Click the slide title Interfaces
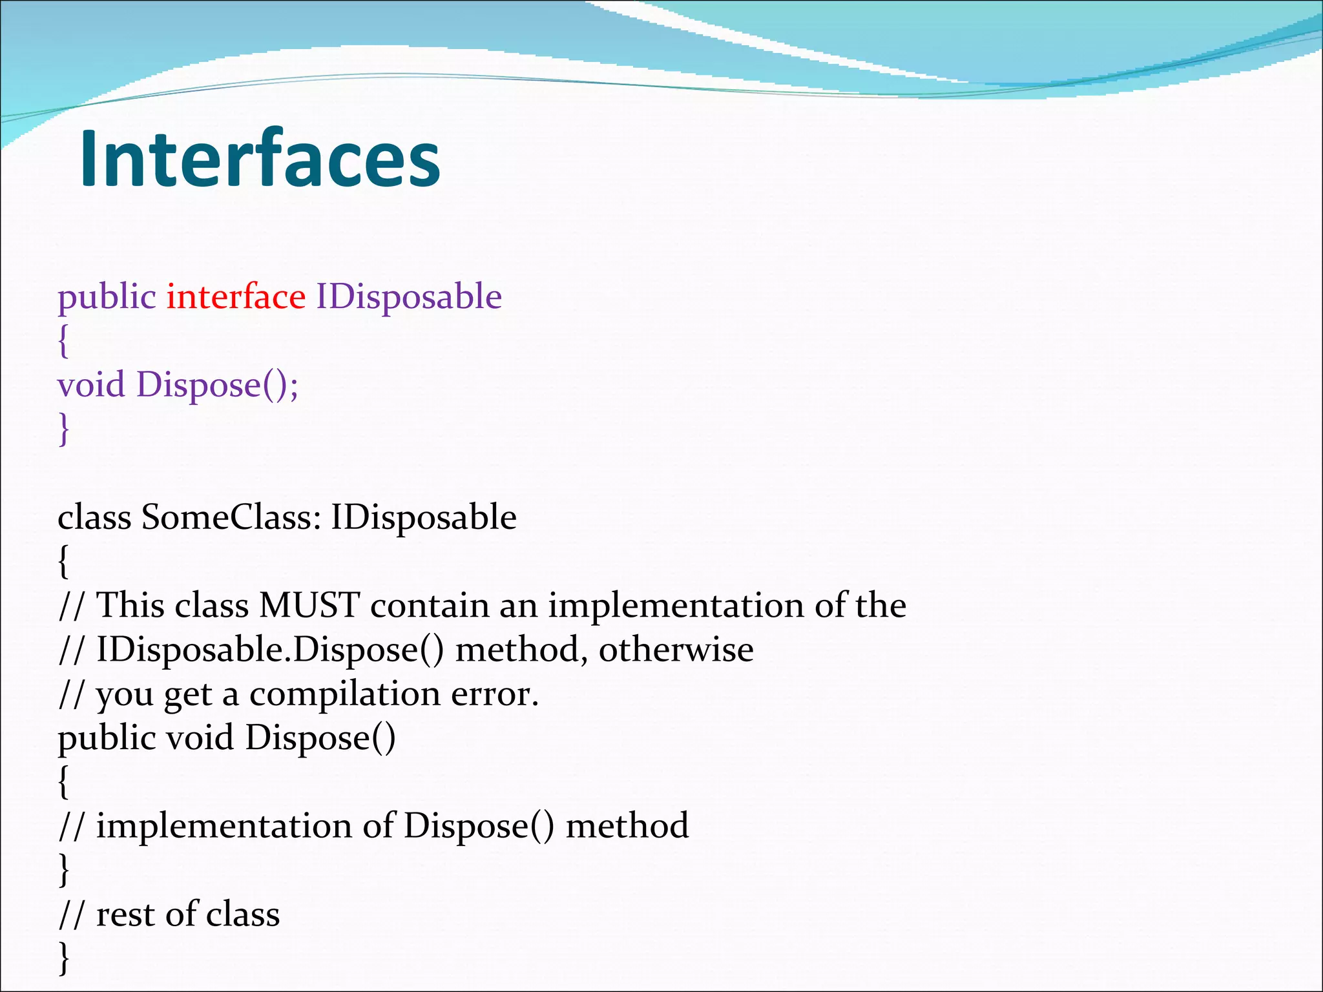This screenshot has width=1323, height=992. [260, 159]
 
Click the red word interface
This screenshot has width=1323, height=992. [236, 297]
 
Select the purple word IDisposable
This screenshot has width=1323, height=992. [408, 297]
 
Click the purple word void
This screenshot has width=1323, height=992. [91, 385]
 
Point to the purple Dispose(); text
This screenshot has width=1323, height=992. [217, 386]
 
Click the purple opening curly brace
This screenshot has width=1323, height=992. [63, 340]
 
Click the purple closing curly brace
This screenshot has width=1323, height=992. [63, 429]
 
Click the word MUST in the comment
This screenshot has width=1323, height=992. [309, 606]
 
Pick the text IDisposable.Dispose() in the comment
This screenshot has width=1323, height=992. [270, 650]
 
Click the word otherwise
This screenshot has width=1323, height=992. [676, 650]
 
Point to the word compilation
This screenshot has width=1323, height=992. [345, 695]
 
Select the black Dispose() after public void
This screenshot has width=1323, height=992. [320, 738]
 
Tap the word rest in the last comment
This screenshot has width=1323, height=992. [125, 914]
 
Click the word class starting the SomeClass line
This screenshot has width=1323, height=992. [94, 517]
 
